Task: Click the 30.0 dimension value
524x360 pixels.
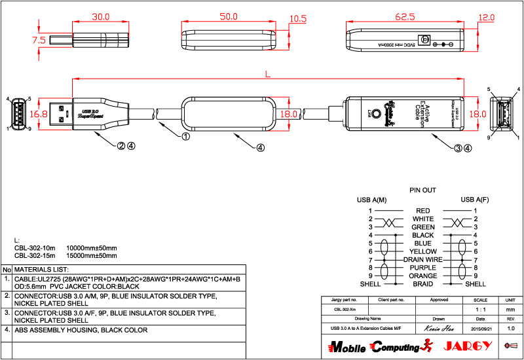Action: point(100,17)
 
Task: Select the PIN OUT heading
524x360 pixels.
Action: point(422,190)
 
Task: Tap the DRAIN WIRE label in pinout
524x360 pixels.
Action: point(422,260)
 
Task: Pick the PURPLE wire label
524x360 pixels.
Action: point(422,268)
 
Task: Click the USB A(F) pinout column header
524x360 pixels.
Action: point(475,199)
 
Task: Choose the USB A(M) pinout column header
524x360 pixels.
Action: point(371,199)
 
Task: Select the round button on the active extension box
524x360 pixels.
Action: point(377,113)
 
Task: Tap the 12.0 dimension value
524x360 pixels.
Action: point(487,17)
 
